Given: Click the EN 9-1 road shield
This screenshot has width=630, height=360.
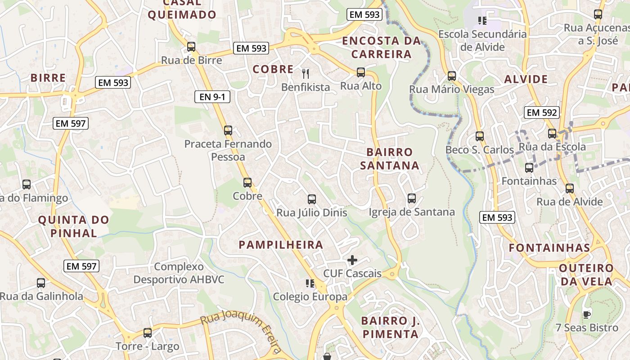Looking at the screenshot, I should tap(212, 96).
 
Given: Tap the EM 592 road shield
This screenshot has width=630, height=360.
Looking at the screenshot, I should tap(542, 112).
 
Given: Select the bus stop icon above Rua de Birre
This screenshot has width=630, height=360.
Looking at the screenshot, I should tap(191, 47).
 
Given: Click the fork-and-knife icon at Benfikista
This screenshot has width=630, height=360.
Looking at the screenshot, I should tap(306, 73).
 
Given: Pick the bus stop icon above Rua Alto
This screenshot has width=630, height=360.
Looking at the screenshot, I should tap(360, 72).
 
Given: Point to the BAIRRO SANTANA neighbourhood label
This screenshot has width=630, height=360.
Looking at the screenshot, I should tap(389, 159).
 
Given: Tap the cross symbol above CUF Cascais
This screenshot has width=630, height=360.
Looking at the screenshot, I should tap(352, 260).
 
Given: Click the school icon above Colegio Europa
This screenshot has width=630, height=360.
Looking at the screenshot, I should tap(310, 283).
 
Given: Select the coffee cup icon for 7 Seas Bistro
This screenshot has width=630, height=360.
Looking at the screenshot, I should tap(586, 314).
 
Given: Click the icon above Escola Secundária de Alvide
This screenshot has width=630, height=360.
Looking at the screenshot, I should tap(482, 21).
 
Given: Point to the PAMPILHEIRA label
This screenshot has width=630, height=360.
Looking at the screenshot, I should tap(281, 245).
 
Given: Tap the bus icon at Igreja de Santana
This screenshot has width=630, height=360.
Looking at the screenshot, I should tap(411, 198).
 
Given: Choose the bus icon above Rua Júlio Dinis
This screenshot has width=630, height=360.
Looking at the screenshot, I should tap(311, 199).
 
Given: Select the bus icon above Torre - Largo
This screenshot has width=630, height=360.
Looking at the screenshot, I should tap(147, 333).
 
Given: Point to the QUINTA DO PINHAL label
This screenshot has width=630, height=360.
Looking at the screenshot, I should tap(74, 226).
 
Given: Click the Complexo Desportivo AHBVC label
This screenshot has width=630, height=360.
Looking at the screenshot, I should tap(179, 273).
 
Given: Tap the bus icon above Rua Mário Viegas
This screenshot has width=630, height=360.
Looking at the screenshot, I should tap(451, 76).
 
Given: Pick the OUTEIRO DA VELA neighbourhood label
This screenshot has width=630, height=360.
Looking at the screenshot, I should tap(586, 274).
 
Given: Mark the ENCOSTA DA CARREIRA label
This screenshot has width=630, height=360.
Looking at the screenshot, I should tap(382, 47).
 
